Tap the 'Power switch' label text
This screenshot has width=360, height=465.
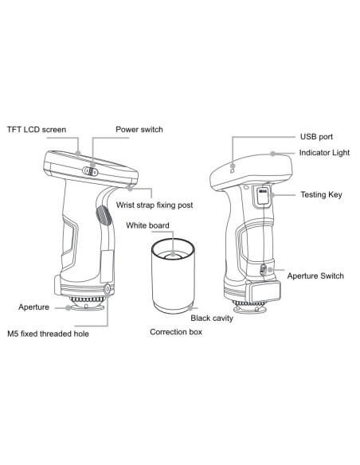(141, 128)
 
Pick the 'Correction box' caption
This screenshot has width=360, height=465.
(176, 331)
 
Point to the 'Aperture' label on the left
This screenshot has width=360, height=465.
(35, 306)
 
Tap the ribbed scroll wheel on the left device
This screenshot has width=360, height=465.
(102, 217)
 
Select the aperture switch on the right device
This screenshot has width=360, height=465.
(264, 271)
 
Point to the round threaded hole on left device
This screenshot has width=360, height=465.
(108, 289)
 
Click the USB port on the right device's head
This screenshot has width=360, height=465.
(232, 169)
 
